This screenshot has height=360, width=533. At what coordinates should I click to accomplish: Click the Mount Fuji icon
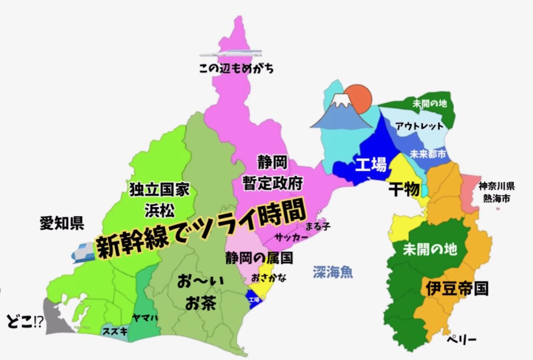coord(340,112)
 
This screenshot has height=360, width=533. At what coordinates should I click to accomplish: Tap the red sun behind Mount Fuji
coord(359,97)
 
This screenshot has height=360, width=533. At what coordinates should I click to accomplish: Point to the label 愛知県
coord(61,223)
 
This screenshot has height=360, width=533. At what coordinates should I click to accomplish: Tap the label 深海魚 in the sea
coord(333,271)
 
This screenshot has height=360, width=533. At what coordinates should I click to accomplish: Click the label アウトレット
coord(419,126)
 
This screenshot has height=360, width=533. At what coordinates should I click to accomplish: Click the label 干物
coord(404,190)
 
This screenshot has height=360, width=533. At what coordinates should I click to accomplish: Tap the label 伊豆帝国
coord(457,289)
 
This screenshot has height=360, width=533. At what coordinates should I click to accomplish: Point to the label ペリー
coord(462,340)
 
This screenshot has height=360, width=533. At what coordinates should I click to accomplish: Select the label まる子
coord(318,226)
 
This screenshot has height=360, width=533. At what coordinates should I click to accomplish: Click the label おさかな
coord(269,278)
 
